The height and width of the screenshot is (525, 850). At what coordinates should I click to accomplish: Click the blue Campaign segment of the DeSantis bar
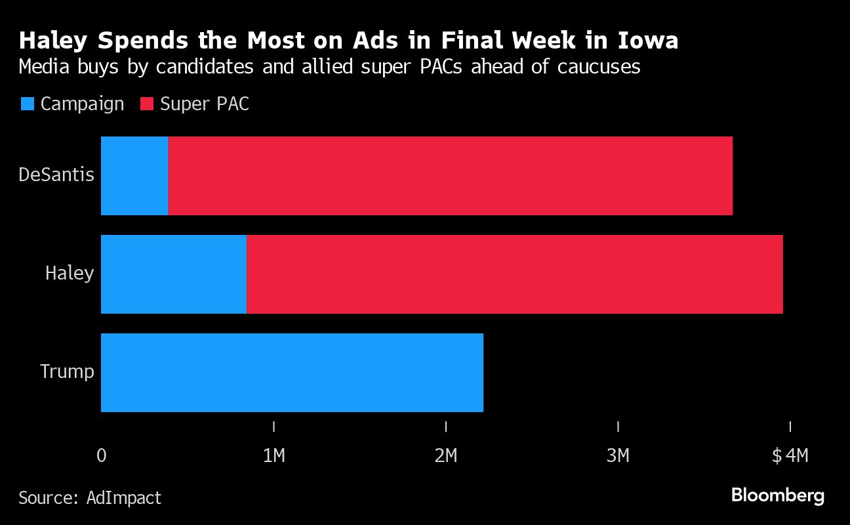pyautogui.click(x=134, y=176)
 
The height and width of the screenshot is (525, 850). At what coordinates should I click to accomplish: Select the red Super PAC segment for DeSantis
pyautogui.click(x=450, y=176)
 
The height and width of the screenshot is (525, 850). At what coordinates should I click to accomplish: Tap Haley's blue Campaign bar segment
pyautogui.click(x=174, y=274)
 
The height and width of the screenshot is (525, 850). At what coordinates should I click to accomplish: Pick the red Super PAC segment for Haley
pyautogui.click(x=515, y=274)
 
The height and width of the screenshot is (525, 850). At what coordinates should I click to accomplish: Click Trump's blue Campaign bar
pyautogui.click(x=292, y=373)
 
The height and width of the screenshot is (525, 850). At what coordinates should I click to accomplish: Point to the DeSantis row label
pyautogui.click(x=56, y=175)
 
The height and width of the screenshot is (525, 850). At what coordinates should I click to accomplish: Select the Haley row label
pyautogui.click(x=70, y=273)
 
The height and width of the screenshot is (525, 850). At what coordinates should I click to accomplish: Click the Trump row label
pyautogui.click(x=67, y=371)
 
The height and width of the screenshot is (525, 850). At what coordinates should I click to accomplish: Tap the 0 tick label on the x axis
pyautogui.click(x=102, y=455)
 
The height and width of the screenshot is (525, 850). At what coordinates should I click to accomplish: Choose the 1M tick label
pyautogui.click(x=273, y=455)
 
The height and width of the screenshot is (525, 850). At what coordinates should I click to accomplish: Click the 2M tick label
pyautogui.click(x=446, y=455)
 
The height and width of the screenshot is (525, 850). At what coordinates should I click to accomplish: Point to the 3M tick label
pyautogui.click(x=618, y=455)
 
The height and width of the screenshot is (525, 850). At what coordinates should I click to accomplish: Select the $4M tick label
pyautogui.click(x=790, y=455)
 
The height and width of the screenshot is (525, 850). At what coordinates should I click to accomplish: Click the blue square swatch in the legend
pyautogui.click(x=28, y=104)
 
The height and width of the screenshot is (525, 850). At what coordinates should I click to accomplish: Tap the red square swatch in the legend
pyautogui.click(x=147, y=104)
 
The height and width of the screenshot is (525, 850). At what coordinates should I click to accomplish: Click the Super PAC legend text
pyautogui.click(x=205, y=104)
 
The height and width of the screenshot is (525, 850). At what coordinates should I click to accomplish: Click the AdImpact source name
pyautogui.click(x=124, y=497)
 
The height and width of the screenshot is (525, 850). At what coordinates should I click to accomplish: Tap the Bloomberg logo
pyautogui.click(x=778, y=495)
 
